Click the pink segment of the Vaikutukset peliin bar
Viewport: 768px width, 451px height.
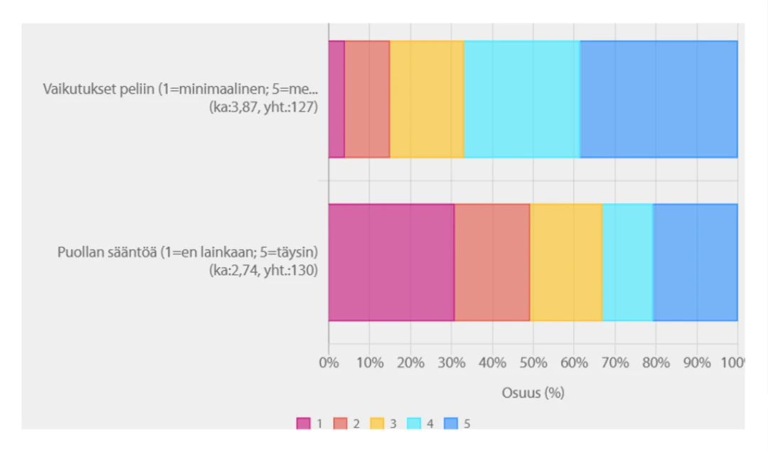(x=336, y=99)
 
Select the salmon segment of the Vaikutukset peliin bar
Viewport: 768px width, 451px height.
(x=367, y=99)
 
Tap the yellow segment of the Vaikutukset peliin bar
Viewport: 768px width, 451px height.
(x=427, y=99)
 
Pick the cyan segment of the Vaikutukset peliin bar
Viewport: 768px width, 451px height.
(x=522, y=99)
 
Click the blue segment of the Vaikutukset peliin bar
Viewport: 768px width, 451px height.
(x=658, y=99)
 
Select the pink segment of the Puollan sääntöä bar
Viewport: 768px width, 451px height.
(x=391, y=262)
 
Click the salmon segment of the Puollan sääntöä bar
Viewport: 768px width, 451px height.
(x=492, y=262)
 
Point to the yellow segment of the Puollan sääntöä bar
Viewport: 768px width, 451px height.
(x=566, y=262)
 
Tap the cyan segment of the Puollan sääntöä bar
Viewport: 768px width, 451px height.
(x=627, y=262)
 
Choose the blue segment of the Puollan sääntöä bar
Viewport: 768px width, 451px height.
(x=695, y=262)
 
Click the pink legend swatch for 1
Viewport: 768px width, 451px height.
(x=304, y=424)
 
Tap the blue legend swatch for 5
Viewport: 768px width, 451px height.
(x=451, y=424)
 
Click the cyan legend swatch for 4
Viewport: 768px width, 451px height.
(x=414, y=424)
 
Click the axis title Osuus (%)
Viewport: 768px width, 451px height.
(x=533, y=393)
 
